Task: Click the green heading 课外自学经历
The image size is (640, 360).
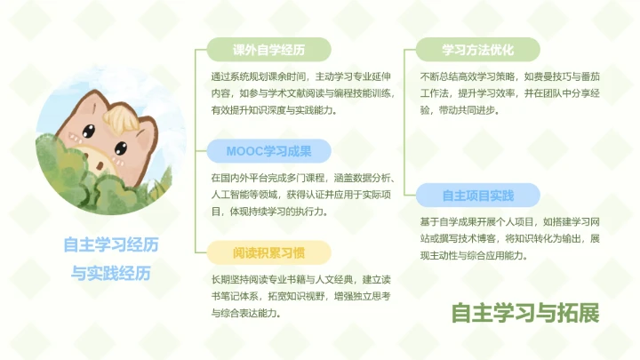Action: pyautogui.click(x=268, y=49)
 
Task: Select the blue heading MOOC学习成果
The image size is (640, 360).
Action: pyautogui.click(x=268, y=150)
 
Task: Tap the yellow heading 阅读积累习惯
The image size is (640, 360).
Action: pyautogui.click(x=268, y=252)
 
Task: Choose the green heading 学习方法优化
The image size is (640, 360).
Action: pyautogui.click(x=478, y=49)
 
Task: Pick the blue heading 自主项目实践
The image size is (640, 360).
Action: pyautogui.click(x=478, y=195)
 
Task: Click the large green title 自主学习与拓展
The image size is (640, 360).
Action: pyautogui.click(x=524, y=313)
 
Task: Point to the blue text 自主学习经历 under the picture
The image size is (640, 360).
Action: pyautogui.click(x=111, y=244)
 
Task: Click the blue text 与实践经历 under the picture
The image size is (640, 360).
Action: pyautogui.click(x=111, y=272)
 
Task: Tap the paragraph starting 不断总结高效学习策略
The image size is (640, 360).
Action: pyautogui.click(x=508, y=92)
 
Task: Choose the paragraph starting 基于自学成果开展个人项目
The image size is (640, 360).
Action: pyautogui.click(x=509, y=238)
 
